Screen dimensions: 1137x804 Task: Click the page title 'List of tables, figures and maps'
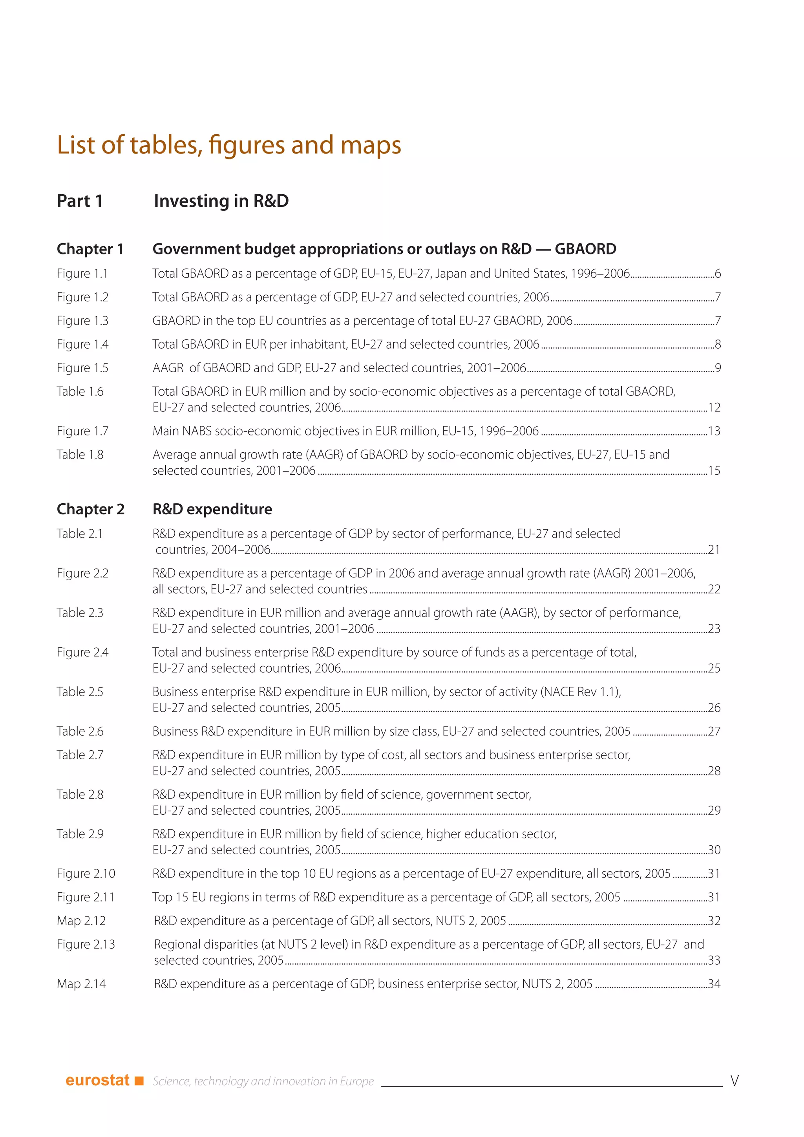pos(229,145)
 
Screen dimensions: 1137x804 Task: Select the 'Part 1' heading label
pos(80,201)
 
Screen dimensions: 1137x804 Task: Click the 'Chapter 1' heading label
pos(90,249)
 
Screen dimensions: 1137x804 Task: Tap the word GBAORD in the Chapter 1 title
pos(585,249)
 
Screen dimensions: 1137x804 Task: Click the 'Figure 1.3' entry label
pos(82,321)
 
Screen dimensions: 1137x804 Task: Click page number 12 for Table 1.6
pos(714,408)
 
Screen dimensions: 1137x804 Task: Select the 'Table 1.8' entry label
pos(80,455)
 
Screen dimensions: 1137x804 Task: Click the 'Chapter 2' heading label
pos(91,509)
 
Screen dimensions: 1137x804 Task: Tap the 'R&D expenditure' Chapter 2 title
pos(212,509)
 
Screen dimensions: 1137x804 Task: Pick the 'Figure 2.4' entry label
pos(82,652)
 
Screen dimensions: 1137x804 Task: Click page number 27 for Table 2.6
pos(714,731)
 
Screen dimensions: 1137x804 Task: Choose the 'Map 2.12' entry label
pos(81,921)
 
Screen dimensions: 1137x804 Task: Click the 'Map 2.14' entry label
pos(81,983)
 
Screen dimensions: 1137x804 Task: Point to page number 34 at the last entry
pos(714,983)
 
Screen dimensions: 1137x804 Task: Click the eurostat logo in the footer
pos(97,1080)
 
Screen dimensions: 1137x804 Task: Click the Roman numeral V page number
pos(735,1080)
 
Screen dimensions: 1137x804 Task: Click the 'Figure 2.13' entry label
pos(86,944)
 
